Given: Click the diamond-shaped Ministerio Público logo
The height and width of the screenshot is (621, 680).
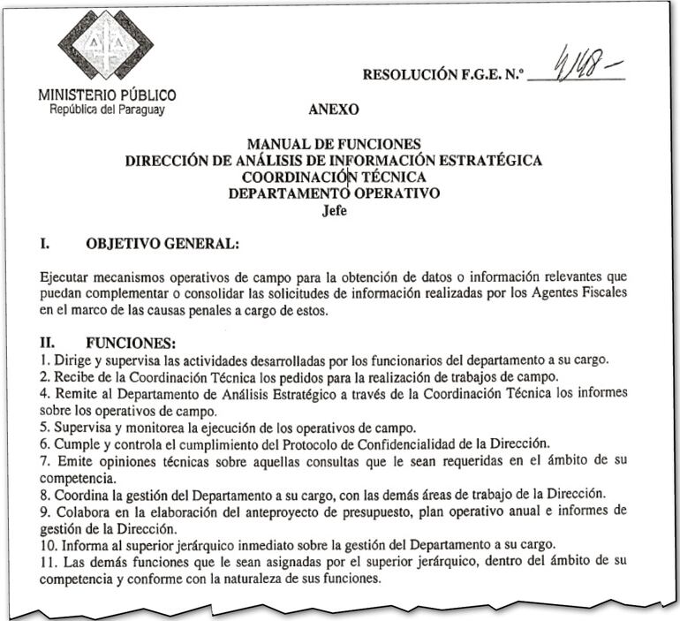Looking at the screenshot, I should (106, 45).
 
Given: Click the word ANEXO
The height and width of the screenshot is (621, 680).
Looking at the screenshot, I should (334, 110).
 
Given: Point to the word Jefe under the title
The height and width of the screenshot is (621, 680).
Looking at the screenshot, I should (334, 211).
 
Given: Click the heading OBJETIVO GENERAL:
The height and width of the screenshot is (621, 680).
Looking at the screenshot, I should (162, 242).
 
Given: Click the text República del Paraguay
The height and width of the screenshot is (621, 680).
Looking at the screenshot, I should (108, 110).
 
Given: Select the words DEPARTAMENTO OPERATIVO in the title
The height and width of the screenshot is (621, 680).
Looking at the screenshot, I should (334, 194).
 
